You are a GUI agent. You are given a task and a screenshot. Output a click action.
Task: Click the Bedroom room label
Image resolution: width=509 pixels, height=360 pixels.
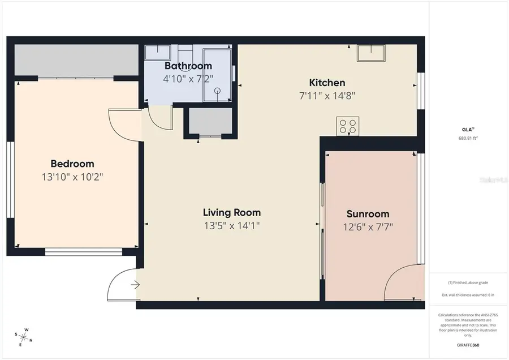click(72, 164)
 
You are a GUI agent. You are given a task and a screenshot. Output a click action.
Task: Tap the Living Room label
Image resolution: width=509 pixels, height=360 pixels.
click(232, 213)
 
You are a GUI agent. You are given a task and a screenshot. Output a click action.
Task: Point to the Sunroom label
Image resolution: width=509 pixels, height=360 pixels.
click(368, 214)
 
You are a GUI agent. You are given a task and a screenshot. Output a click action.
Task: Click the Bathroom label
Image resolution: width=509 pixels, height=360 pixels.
click(188, 66)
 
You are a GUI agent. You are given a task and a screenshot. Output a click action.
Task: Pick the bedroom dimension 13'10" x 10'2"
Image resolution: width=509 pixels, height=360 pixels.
click(72, 177)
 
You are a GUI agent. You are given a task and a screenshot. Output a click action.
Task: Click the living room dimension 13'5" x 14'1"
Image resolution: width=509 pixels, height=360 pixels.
click(232, 226)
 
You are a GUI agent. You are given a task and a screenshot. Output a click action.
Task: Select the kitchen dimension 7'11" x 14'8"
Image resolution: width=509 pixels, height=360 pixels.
click(327, 96)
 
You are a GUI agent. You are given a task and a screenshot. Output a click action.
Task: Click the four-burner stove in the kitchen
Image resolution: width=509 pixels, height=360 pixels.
click(347, 126)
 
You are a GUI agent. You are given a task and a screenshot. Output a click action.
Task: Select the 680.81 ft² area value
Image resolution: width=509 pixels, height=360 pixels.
click(468, 138)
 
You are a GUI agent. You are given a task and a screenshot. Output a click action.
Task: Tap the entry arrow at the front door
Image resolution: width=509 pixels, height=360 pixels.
click(135, 285)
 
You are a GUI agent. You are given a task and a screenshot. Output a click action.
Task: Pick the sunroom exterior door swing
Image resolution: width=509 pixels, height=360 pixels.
click(402, 283)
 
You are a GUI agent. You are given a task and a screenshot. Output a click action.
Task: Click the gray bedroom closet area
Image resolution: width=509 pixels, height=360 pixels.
click(76, 59)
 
